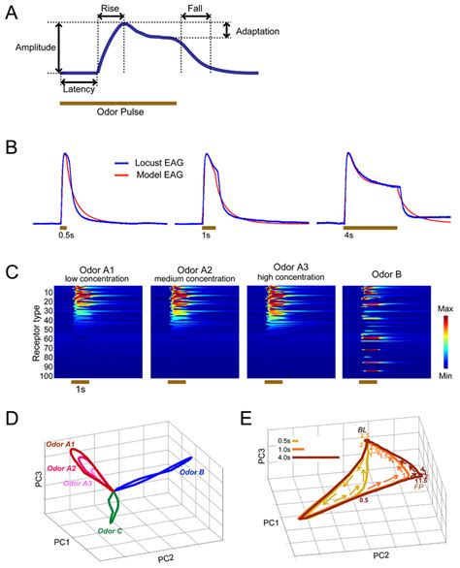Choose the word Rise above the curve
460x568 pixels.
click(x=110, y=8)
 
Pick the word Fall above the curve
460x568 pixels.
click(x=194, y=8)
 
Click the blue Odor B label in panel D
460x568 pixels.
click(x=196, y=472)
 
